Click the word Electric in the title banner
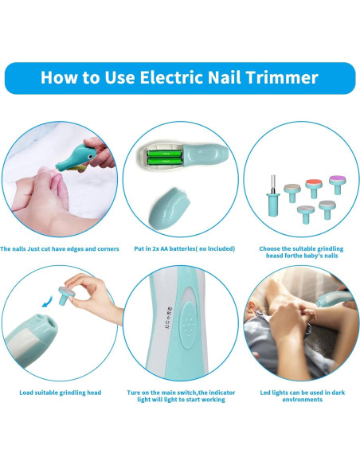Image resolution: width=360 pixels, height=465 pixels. coord(171,77)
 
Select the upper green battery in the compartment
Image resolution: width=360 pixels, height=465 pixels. coord(165,154)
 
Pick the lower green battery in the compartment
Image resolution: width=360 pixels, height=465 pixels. coord(165,162)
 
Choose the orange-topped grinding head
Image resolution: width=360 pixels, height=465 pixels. coord(314,188)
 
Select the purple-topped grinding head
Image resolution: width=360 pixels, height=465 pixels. coord(337,185)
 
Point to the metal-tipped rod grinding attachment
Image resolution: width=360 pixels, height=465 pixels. coord(273,197)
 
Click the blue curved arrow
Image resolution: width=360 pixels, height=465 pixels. coord(47,301)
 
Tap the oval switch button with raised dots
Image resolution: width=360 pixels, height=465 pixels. coord(188,324)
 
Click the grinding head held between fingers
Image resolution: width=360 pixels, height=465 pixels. coord(65,295)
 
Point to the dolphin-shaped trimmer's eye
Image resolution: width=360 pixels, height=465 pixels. coord(88,156)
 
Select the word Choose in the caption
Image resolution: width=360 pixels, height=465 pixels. coord(269,248)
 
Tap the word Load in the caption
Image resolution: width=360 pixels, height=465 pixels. coord(26,393)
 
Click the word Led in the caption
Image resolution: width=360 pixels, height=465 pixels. coord(265,393)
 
